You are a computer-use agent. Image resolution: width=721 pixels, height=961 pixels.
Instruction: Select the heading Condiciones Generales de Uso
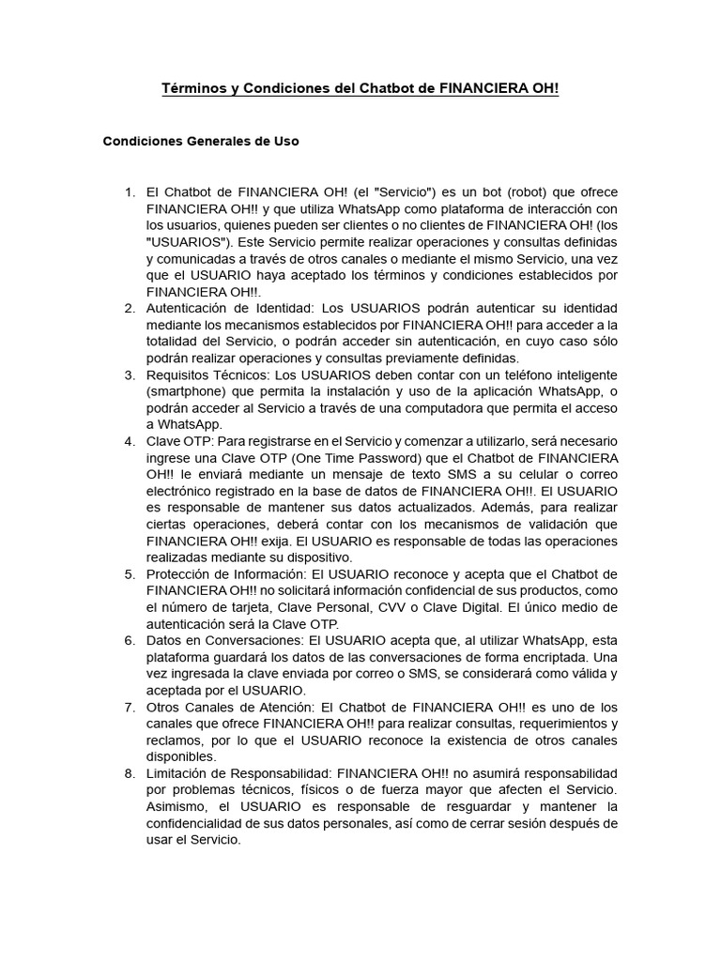tap(200, 142)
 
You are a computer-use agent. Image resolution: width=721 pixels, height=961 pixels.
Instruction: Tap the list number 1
tap(130, 192)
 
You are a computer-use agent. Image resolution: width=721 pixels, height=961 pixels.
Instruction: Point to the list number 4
tap(130, 441)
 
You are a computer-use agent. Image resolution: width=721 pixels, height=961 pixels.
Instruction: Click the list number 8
tap(130, 772)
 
